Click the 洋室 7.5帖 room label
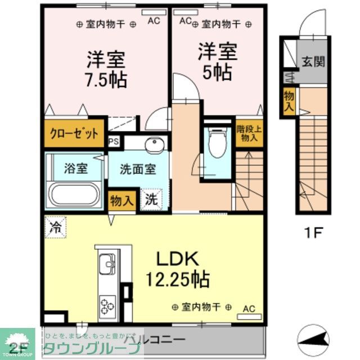click(x=106, y=69)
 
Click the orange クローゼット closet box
click(x=75, y=134)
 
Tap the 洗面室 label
click(x=137, y=169)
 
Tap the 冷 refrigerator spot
click(x=55, y=228)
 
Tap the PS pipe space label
click(x=114, y=142)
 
